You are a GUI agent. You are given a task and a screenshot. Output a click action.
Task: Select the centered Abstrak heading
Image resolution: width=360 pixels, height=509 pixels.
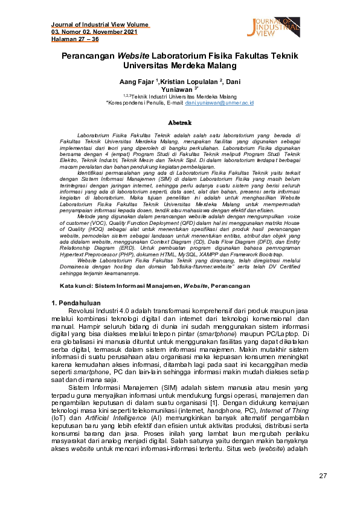179,123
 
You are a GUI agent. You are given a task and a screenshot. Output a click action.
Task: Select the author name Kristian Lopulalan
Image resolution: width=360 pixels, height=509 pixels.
180,80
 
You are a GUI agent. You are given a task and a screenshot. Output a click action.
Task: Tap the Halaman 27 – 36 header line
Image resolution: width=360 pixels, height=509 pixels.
75,39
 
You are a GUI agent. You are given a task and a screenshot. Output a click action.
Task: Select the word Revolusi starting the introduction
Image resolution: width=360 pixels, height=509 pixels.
84,310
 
